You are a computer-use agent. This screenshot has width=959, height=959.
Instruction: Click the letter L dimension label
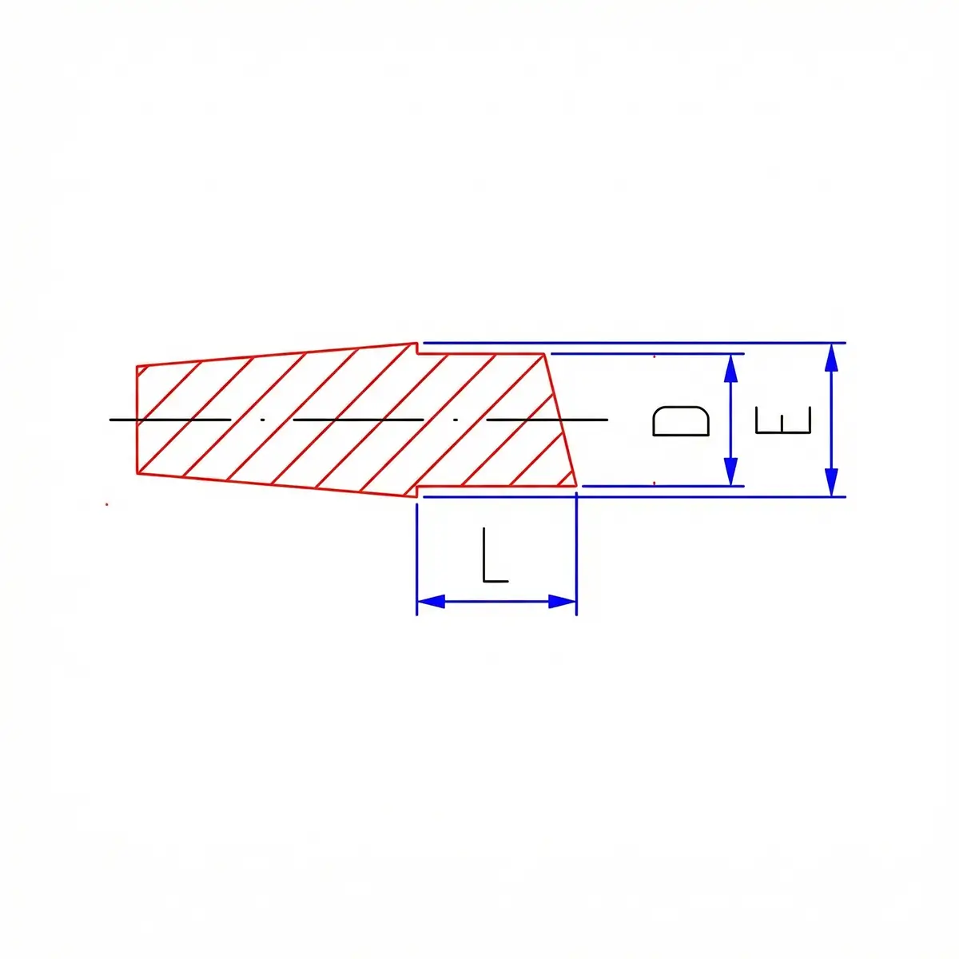pyautogui.click(x=495, y=555)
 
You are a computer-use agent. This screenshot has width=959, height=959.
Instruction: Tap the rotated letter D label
pyautogui.click(x=681, y=421)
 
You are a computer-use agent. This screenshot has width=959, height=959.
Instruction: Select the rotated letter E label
pyautogui.click(x=783, y=420)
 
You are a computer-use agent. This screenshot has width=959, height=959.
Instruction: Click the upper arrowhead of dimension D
pyautogui.click(x=730, y=368)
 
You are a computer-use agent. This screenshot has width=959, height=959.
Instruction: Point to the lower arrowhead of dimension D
pyautogui.click(x=730, y=472)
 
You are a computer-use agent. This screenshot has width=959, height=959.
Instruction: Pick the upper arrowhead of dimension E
pyautogui.click(x=831, y=357)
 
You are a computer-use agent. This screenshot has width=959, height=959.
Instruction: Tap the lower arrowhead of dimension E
pyautogui.click(x=831, y=482)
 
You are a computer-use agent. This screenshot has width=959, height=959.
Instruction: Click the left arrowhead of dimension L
pyautogui.click(x=431, y=601)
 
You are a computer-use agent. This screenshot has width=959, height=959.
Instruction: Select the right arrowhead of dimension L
pyautogui.click(x=563, y=601)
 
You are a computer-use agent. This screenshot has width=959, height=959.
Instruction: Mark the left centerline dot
pyautogui.click(x=263, y=420)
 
